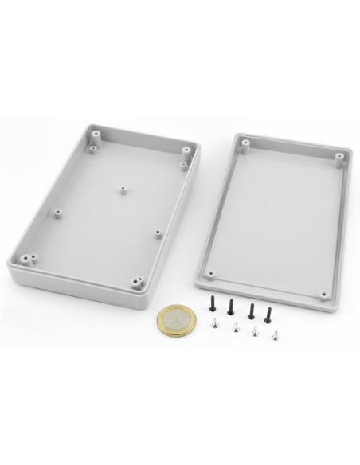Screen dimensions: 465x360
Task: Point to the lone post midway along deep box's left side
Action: point(58,213)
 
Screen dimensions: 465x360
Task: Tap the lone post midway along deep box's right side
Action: point(158,234)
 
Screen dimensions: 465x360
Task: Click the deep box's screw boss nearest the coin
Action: point(138,281)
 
